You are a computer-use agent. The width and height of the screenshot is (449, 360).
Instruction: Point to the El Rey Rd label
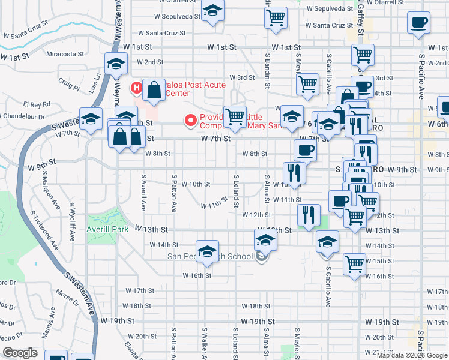[38, 104]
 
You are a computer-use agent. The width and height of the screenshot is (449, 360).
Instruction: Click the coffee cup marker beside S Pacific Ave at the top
[418, 23]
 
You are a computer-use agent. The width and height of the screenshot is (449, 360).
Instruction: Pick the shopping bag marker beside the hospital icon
[154, 90]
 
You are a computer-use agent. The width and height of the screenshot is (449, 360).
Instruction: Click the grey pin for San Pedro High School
[261, 257]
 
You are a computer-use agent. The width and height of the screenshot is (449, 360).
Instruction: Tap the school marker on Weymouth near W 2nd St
[116, 64]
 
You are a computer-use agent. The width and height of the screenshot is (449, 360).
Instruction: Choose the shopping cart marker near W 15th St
[354, 263]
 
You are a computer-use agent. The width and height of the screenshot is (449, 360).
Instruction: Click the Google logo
[20, 353]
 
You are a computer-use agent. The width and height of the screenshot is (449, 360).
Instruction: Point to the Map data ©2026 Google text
[412, 355]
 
